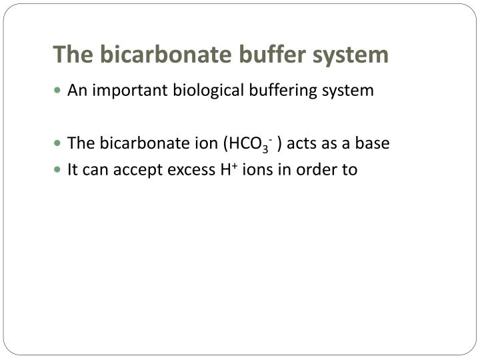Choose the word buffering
[280, 90]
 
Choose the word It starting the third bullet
[73, 170]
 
